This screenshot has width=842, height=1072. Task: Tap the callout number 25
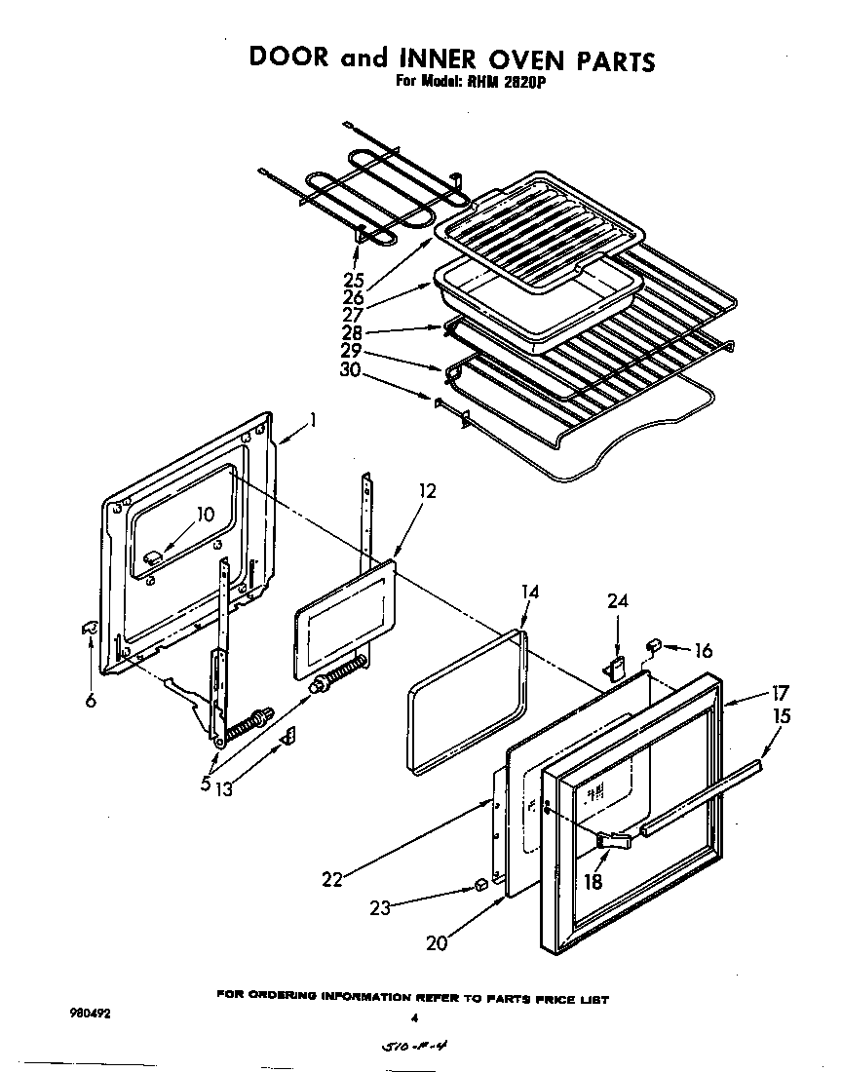click(x=353, y=282)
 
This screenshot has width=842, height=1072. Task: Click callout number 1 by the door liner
click(x=313, y=420)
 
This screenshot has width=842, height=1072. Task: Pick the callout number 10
click(x=205, y=515)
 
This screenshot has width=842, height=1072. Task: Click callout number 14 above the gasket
click(x=529, y=592)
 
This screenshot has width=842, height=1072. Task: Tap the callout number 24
click(x=617, y=602)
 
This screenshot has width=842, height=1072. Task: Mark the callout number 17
click(x=779, y=695)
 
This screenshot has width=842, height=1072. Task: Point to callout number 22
click(x=333, y=878)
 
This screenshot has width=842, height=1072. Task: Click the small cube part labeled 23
click(x=479, y=884)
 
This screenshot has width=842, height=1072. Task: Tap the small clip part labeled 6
click(x=88, y=630)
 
